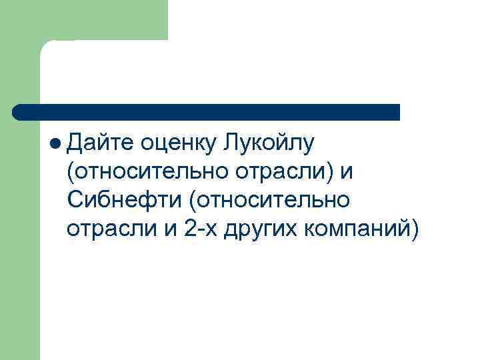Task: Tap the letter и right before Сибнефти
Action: [347, 171]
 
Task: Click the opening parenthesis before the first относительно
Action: [71, 171]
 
